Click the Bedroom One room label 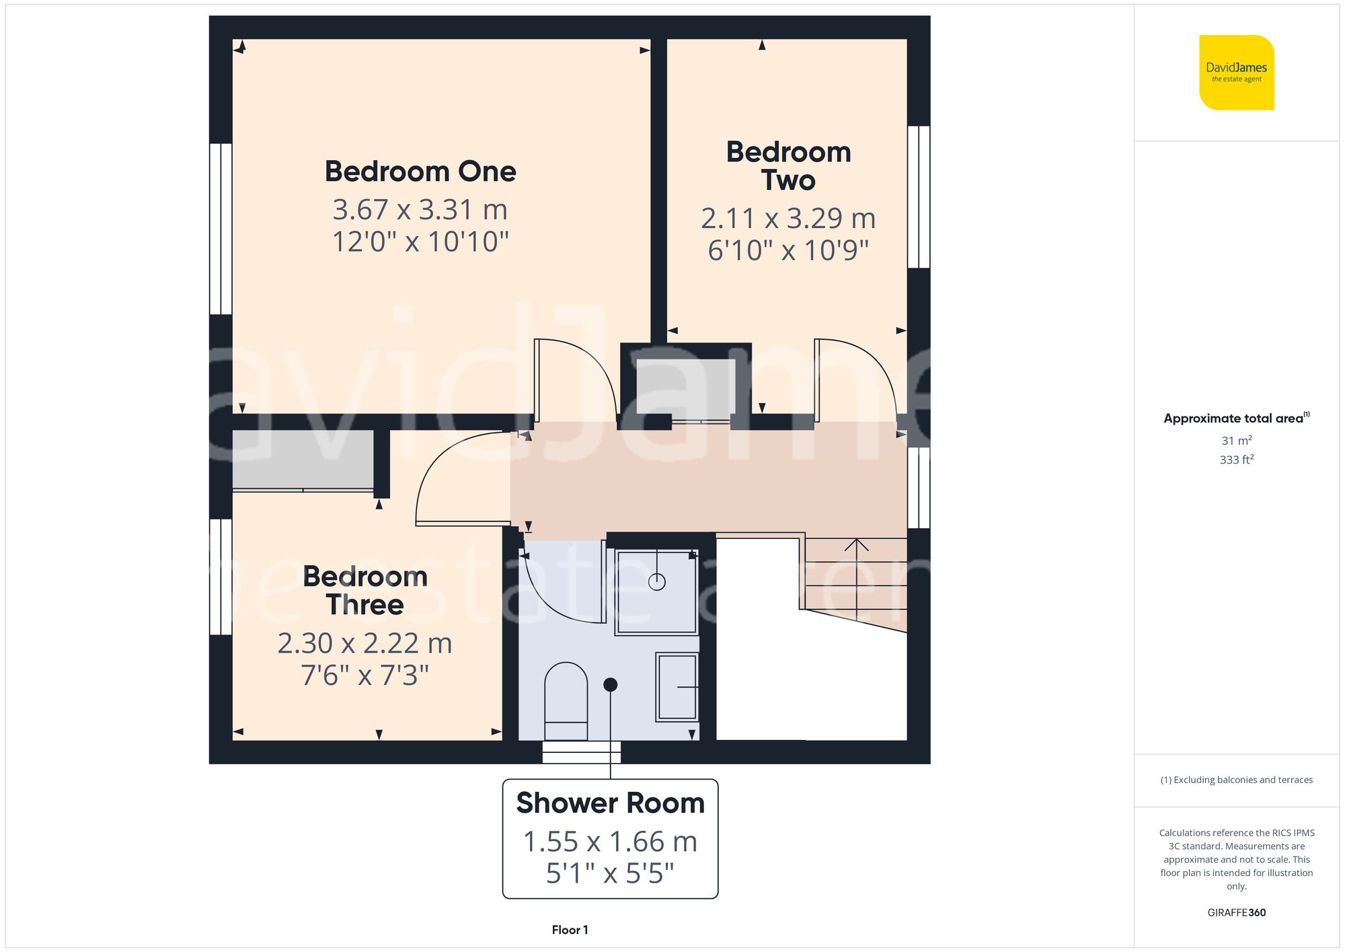[420, 172]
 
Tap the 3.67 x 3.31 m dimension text [420, 210]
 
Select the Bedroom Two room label [788, 166]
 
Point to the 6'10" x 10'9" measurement [788, 250]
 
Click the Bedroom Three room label [365, 591]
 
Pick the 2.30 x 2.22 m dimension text [364, 644]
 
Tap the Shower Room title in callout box [610, 803]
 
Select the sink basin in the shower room [677, 687]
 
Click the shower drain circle [657, 582]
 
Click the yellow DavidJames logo [1236, 73]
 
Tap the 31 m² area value [1236, 441]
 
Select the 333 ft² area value [1236, 460]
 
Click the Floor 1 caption [570, 930]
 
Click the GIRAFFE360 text [1236, 913]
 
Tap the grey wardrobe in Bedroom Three [303, 459]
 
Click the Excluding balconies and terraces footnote [1236, 780]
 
